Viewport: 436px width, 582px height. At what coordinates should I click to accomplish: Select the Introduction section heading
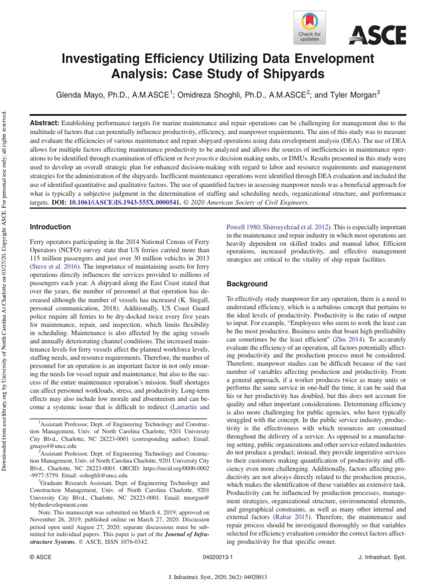(x=51, y=227)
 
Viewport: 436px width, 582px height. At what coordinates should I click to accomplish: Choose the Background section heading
(x=247, y=284)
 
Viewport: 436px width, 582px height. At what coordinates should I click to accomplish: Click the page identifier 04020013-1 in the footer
(x=219, y=559)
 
